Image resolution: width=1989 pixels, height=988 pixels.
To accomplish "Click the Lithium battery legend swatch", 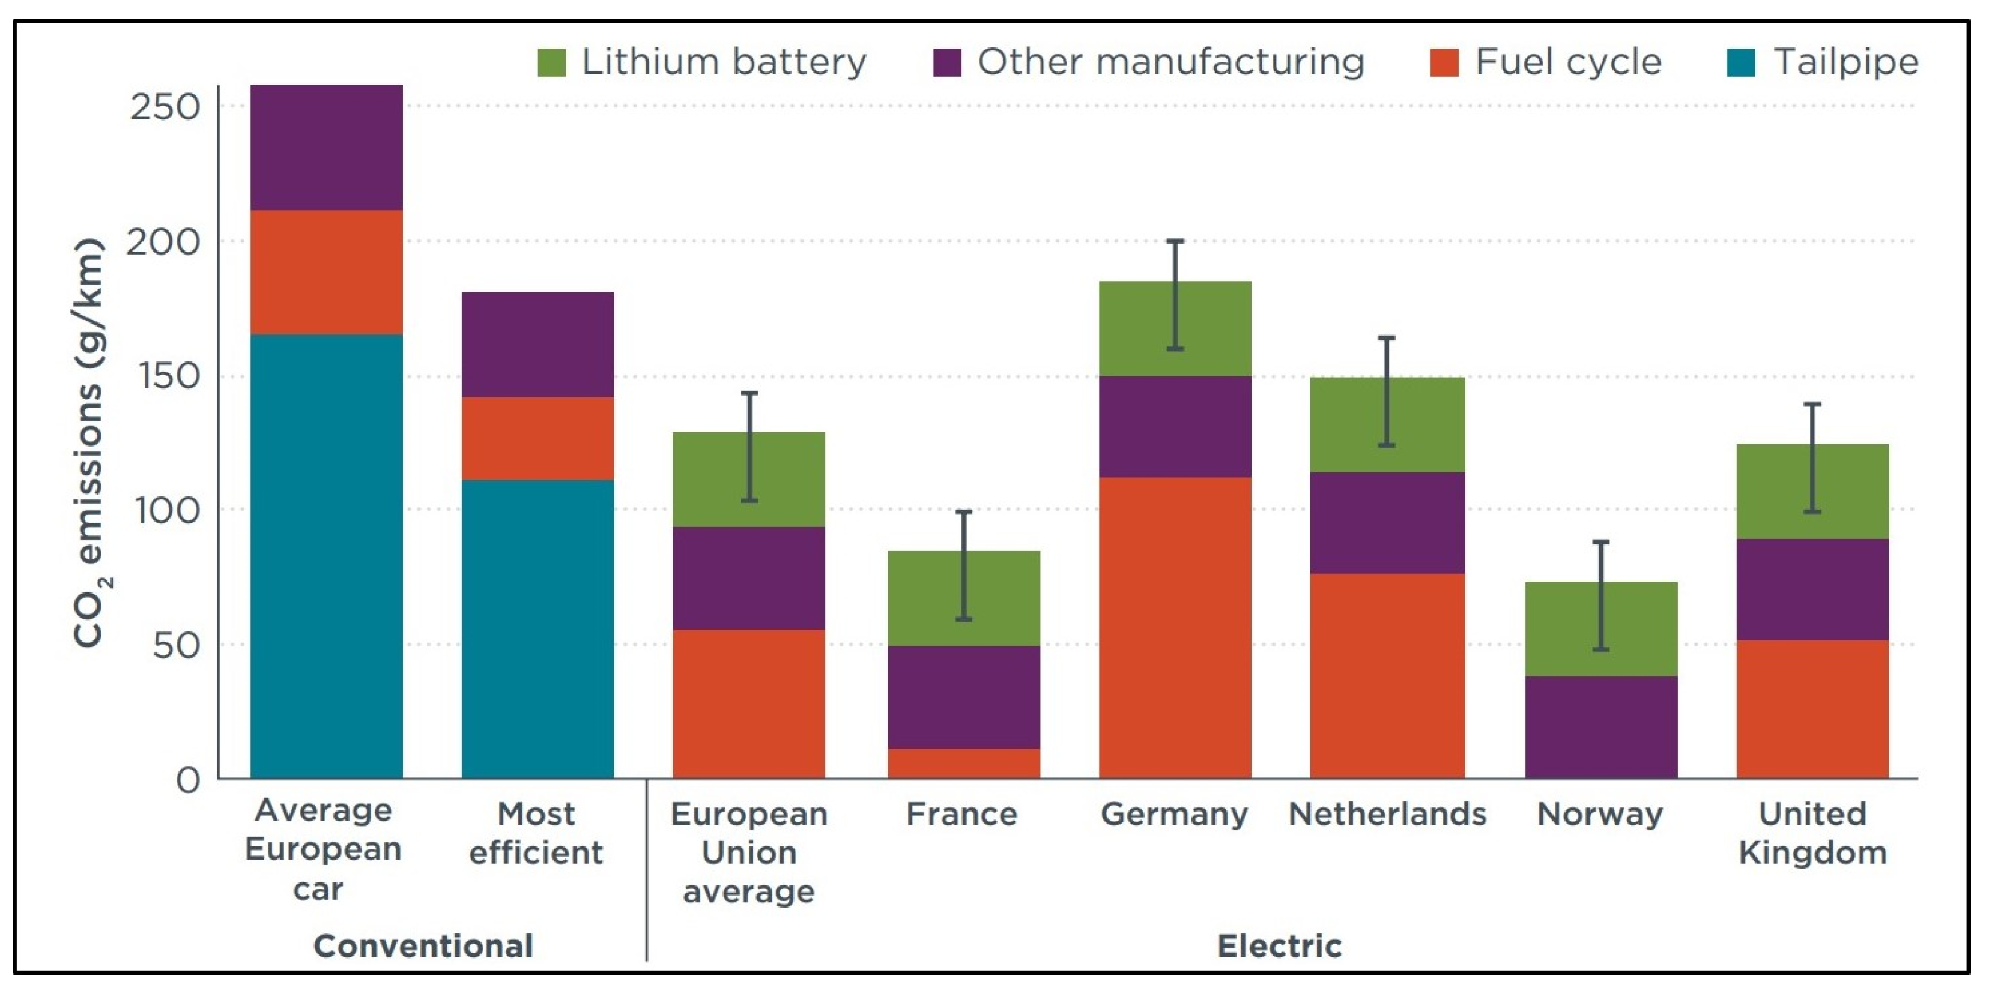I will (551, 62).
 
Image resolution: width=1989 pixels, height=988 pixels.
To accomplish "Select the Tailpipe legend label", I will (1845, 62).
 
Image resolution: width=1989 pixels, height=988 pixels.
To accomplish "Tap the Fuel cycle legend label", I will (1567, 62).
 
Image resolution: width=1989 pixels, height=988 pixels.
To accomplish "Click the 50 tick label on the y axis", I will (176, 645).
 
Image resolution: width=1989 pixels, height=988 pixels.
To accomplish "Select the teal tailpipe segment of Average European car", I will (327, 556).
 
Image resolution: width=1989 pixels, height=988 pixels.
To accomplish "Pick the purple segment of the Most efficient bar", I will (537, 345).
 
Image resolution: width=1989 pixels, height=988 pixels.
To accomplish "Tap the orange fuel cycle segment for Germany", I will (1175, 627).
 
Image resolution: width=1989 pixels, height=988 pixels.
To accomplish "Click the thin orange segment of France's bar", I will (964, 763).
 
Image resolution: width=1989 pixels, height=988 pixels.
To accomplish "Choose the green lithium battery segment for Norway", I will (1600, 629).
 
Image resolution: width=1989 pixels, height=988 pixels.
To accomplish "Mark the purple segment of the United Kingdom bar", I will (1812, 589).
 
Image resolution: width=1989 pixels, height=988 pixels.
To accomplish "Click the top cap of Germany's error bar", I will (1175, 241).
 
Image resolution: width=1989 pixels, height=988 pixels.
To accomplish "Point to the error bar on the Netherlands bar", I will (1387, 391).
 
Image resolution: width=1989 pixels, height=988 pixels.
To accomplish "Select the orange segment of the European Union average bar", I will (748, 703).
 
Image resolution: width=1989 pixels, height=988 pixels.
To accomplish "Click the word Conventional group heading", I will (423, 945).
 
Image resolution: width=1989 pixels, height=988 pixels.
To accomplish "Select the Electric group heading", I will (1279, 945).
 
